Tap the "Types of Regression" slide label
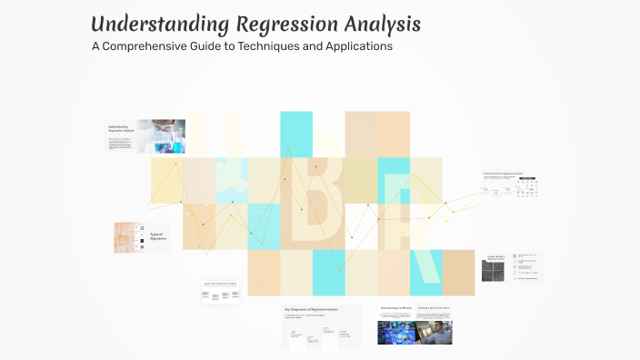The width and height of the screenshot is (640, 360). (x=158, y=236)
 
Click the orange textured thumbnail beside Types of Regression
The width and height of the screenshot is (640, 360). (x=123, y=237)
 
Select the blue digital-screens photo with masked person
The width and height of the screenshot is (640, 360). (x=395, y=332)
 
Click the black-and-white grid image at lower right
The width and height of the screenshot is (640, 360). (x=493, y=271)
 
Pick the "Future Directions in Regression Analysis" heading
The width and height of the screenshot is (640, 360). (x=507, y=173)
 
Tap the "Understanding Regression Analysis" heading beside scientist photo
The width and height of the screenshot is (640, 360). (x=119, y=128)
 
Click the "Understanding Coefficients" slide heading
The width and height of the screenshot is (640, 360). (x=395, y=309)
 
